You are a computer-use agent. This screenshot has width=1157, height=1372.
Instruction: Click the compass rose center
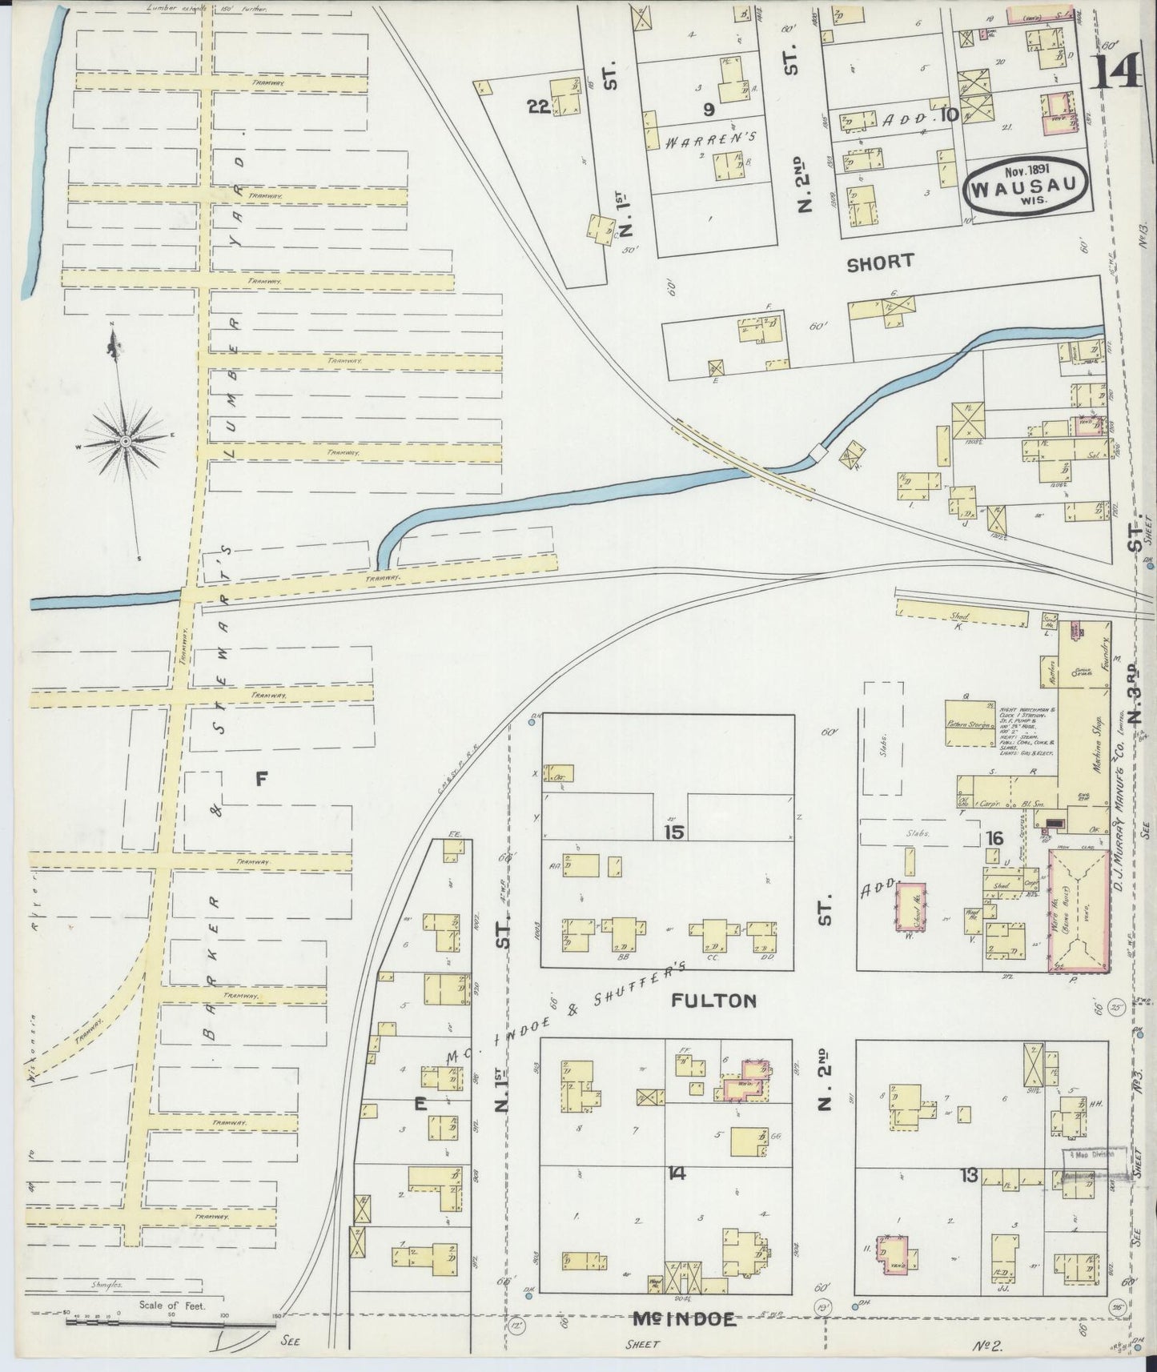point(126,441)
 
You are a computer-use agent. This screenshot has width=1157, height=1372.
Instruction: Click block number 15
point(673,832)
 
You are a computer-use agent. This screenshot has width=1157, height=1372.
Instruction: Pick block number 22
point(538,106)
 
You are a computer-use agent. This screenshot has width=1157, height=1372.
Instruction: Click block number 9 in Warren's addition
point(709,108)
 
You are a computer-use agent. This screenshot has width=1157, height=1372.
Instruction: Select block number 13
point(970,1175)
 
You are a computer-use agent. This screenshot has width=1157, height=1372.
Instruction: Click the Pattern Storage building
point(970,724)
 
